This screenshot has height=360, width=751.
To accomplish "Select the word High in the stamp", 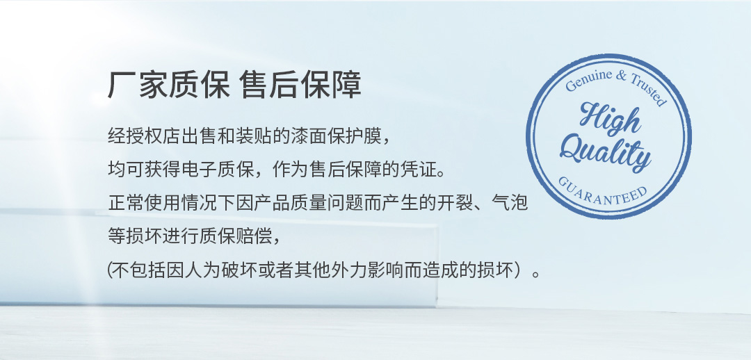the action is pos(610,118).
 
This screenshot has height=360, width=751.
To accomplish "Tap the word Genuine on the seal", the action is pos(589,79).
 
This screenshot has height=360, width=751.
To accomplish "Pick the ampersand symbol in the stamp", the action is pos(621,74).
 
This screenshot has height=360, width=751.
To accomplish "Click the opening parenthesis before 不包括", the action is pos(109,270).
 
